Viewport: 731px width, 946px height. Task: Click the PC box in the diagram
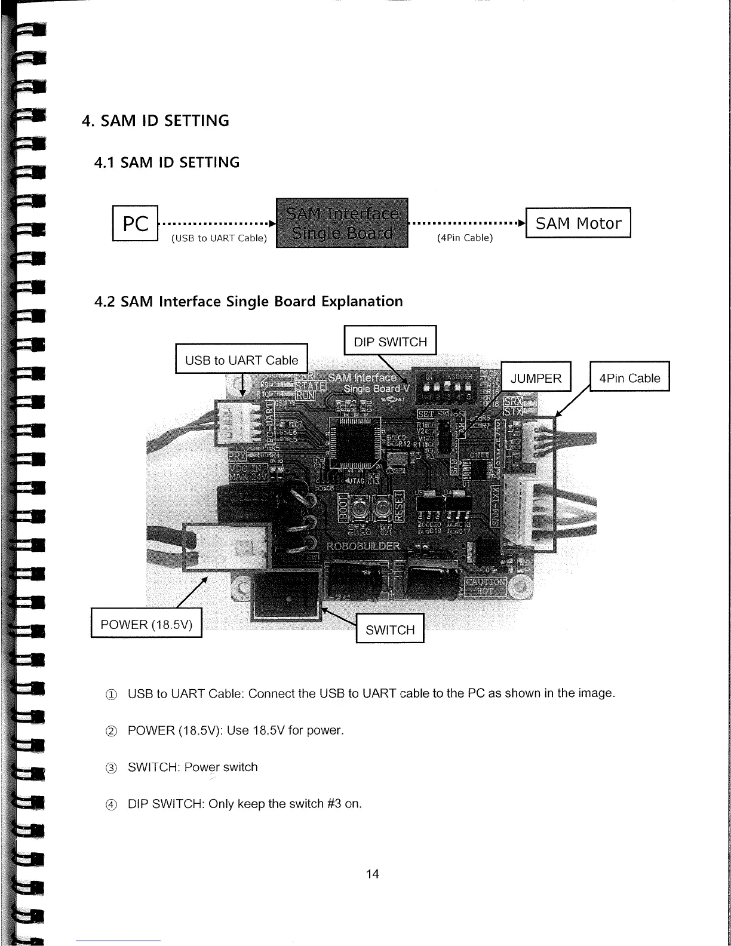tap(135, 223)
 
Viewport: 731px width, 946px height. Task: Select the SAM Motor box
tap(578, 223)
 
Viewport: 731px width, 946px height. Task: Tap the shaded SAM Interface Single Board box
tap(342, 223)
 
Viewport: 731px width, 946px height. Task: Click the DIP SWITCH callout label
tap(390, 342)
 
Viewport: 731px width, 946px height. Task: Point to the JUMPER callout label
tap(536, 377)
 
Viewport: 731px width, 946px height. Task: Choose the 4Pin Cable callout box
tap(629, 377)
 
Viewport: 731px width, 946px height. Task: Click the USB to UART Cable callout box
tap(241, 360)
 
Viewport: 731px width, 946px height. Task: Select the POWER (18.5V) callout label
tap(146, 624)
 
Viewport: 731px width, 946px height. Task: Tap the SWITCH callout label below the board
tap(390, 629)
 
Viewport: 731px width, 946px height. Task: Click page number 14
tap(372, 874)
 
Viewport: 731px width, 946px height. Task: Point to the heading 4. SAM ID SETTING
tap(155, 121)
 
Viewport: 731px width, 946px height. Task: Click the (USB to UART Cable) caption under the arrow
tap(219, 238)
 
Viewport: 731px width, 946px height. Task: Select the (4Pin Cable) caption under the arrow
tap(465, 238)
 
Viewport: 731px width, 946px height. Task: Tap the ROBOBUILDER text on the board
tap(363, 546)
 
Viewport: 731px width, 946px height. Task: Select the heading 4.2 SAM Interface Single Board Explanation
tap(248, 301)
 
